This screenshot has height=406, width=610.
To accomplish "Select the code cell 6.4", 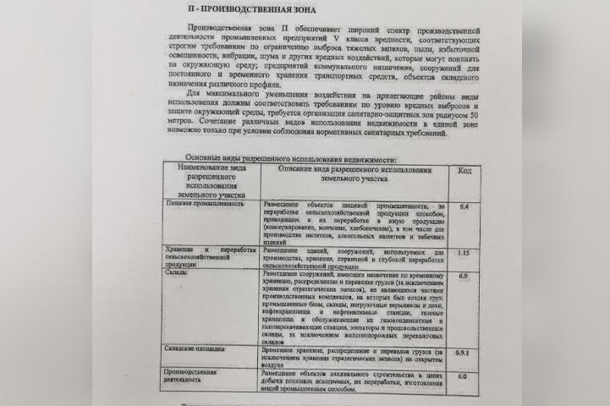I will [x=464, y=206].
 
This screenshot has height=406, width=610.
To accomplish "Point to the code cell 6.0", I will [x=463, y=376].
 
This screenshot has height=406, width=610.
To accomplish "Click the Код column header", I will [x=464, y=170].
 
